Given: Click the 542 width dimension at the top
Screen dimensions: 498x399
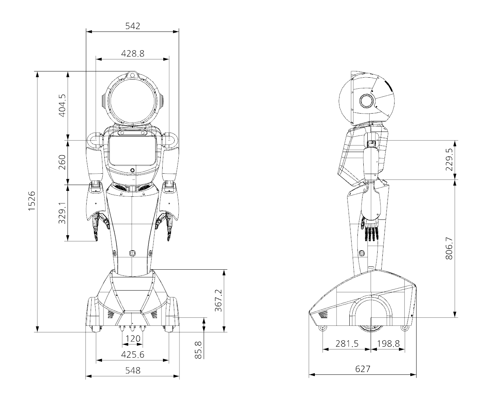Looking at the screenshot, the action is (132, 26).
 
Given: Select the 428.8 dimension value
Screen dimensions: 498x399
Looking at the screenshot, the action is (132, 53).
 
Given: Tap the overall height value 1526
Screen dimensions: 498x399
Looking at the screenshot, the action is (32, 201).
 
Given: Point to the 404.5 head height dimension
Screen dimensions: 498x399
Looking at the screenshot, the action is (62, 106).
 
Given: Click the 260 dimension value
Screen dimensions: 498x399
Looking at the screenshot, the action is (62, 162).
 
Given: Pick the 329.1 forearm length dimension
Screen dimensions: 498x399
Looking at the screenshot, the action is (62, 213).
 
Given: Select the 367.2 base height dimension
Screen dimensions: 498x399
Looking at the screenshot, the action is (218, 300).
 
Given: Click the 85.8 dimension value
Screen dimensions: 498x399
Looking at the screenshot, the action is (198, 350).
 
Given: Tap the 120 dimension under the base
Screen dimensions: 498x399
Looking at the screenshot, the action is (133, 339).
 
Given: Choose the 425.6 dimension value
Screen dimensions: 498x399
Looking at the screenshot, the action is (132, 354).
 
